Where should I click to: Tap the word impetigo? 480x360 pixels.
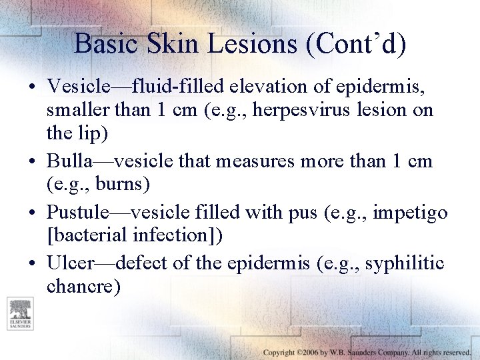tap(410, 213)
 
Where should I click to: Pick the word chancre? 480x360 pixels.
tap(83, 287)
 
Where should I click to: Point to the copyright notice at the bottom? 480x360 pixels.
tap(367, 351)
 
